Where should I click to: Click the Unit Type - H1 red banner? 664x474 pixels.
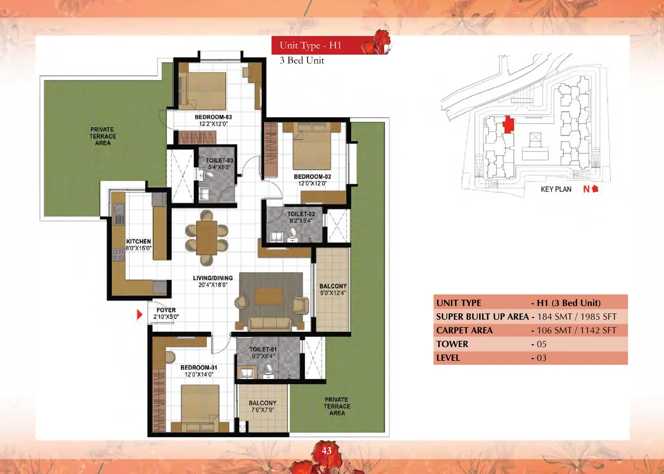pyautogui.click(x=330, y=45)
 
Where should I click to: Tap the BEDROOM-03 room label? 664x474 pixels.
pyautogui.click(x=213, y=117)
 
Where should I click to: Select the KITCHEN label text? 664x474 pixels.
pyautogui.click(x=138, y=241)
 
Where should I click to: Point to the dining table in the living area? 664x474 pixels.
pyautogui.click(x=207, y=238)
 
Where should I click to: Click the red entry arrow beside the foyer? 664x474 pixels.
pyautogui.click(x=139, y=315)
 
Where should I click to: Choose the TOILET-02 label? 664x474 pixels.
pyautogui.click(x=301, y=214)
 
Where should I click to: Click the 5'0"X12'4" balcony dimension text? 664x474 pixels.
pyautogui.click(x=333, y=293)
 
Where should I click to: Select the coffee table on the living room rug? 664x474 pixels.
pyautogui.click(x=268, y=297)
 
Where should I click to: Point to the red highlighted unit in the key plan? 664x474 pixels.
pyautogui.click(x=508, y=124)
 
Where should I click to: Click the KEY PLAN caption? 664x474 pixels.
pyautogui.click(x=556, y=189)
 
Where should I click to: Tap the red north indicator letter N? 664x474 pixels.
pyautogui.click(x=586, y=189)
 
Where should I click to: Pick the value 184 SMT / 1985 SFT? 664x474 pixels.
pyautogui.click(x=577, y=317)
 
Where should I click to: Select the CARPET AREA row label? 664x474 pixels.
pyautogui.click(x=464, y=330)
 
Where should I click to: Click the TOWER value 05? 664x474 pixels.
pyautogui.click(x=541, y=344)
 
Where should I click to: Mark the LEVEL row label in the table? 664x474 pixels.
pyautogui.click(x=448, y=358)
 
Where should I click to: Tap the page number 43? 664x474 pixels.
pyautogui.click(x=326, y=451)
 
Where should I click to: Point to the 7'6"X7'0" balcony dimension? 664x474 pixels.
pyautogui.click(x=263, y=410)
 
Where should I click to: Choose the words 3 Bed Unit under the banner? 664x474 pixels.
pyautogui.click(x=302, y=60)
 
